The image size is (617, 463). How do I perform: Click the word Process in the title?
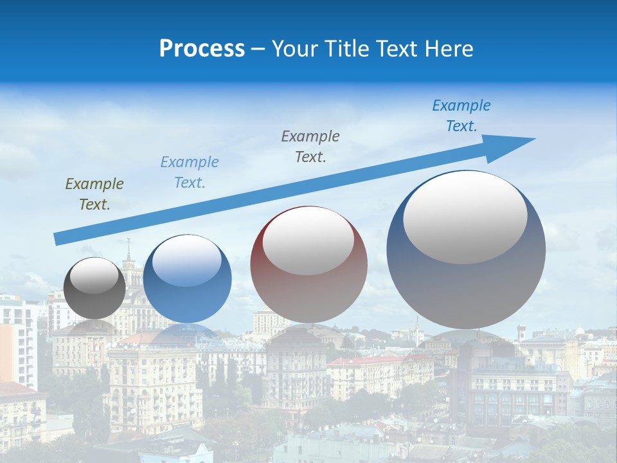202,49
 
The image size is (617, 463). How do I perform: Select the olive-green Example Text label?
94,194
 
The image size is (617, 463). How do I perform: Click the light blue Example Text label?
190,172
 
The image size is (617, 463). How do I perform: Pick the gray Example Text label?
310,146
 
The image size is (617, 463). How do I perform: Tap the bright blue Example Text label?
461,116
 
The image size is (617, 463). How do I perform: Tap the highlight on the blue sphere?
187,260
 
